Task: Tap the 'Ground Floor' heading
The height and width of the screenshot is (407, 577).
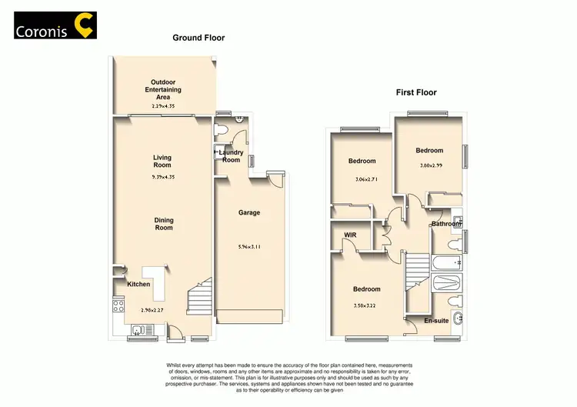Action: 198,38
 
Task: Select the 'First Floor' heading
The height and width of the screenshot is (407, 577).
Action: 416,92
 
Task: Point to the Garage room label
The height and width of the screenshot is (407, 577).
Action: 248,212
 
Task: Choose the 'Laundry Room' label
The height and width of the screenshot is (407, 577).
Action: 232,156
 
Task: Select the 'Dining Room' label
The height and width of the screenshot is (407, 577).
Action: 164,224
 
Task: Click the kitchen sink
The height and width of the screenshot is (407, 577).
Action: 138,331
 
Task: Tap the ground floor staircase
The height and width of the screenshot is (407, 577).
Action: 198,295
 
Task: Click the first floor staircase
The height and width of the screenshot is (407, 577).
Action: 415,271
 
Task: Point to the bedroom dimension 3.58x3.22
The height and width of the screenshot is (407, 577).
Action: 367,306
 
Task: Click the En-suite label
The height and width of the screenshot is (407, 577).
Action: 435,321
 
